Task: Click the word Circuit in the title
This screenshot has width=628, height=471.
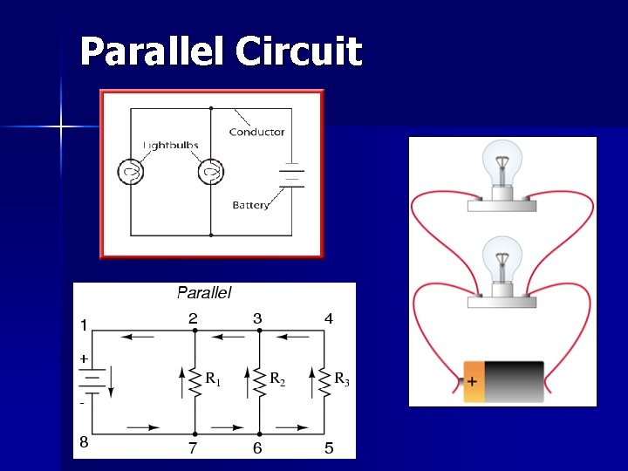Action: point(298,51)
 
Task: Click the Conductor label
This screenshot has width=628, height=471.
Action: point(256,132)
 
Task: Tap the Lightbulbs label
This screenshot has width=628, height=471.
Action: point(171,145)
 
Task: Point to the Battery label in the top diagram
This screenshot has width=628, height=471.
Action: point(250,205)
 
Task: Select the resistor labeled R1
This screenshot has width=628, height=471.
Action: point(195,381)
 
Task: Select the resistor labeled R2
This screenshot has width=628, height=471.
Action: point(259,381)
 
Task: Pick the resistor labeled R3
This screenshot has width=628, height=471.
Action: point(324,381)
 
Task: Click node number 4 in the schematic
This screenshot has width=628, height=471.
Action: point(328,319)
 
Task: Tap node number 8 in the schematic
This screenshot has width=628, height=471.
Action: point(84,442)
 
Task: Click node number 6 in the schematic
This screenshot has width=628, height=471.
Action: point(257,448)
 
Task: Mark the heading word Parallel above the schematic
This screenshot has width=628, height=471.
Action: point(204,293)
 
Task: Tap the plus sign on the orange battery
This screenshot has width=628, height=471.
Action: point(472,382)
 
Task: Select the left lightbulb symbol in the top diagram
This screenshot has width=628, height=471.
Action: point(131,172)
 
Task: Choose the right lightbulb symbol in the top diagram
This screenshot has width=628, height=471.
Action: point(210,172)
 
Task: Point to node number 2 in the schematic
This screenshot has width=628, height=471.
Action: point(193,319)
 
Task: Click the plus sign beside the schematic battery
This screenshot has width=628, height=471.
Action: point(84,358)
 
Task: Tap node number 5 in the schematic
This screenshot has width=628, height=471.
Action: point(328,448)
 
